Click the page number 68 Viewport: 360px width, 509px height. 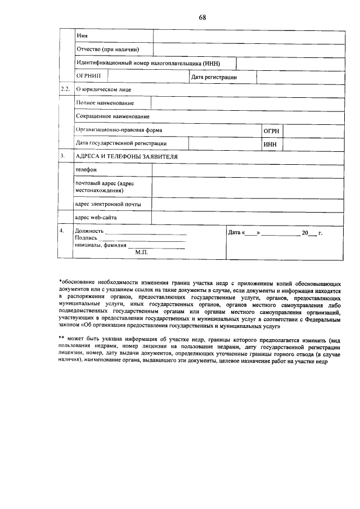(x=202, y=17)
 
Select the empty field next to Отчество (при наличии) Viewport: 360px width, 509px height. (x=250, y=50)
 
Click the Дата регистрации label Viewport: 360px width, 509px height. (x=214, y=77)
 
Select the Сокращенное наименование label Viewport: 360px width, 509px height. (x=112, y=116)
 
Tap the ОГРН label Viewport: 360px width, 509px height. (x=271, y=130)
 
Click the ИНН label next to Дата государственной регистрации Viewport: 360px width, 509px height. (x=270, y=144)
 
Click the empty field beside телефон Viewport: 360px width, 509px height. (x=248, y=169)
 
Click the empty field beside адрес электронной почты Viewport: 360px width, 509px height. (x=248, y=204)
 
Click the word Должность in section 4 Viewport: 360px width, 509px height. (x=89, y=231)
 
